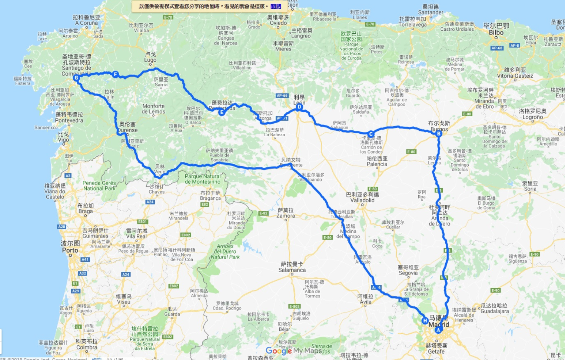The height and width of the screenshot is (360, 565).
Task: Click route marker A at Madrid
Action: [438, 330]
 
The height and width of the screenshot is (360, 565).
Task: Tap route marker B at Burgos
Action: [439, 134]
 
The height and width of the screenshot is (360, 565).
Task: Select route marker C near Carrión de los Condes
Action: [371, 134]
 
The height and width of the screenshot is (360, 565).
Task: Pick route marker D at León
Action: [299, 107]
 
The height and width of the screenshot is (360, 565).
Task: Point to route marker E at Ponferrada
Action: [222, 112]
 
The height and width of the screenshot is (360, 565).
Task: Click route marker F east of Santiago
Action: [115, 74]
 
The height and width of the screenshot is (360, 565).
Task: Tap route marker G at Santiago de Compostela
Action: [76, 78]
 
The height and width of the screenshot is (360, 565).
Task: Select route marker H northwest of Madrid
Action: [425, 321]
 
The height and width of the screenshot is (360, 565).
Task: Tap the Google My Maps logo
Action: [293, 350]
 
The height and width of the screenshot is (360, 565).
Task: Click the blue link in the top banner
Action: [276, 6]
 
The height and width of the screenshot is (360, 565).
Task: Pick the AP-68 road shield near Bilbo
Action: [497, 48]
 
